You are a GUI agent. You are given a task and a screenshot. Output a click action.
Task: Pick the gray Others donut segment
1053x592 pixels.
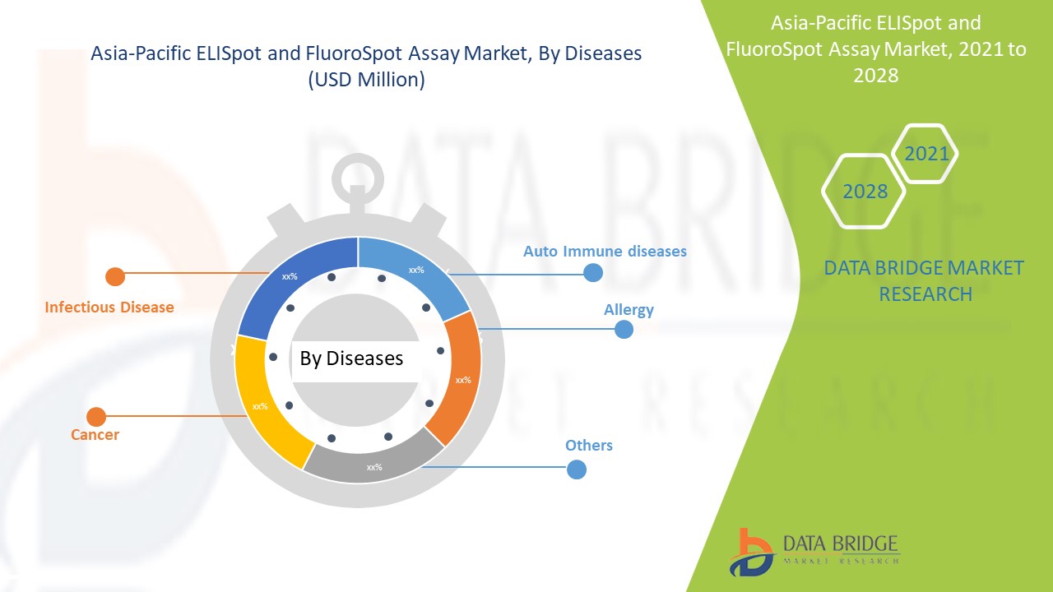[x=374, y=465]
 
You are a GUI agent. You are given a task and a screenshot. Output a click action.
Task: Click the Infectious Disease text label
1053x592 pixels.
[x=109, y=308]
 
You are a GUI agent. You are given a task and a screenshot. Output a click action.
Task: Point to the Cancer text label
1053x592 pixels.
[x=95, y=435]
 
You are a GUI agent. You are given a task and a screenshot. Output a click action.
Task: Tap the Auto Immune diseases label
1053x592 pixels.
[x=605, y=251]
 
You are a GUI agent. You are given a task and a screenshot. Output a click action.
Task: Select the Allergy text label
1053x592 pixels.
[x=629, y=310]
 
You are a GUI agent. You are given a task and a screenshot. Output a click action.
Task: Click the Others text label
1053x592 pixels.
[x=589, y=446]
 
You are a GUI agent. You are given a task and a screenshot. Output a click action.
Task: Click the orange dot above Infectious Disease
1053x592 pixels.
[x=115, y=276]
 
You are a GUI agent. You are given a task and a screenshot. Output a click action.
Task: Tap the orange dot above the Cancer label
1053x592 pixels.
[x=96, y=417]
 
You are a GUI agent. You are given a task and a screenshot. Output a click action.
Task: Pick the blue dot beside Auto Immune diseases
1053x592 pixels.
[x=592, y=273]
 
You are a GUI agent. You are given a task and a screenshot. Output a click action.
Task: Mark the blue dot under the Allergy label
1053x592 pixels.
[x=624, y=330]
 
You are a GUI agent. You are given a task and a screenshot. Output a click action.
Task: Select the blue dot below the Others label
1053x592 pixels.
[x=577, y=469]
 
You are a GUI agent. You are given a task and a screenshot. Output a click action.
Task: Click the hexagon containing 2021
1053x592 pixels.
[x=925, y=153]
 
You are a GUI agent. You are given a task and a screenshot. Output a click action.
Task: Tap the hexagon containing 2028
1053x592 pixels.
[x=864, y=192]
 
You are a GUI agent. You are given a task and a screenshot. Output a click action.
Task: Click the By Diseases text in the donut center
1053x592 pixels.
[x=351, y=358]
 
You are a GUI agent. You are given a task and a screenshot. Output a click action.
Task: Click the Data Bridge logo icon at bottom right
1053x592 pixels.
[x=749, y=552]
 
